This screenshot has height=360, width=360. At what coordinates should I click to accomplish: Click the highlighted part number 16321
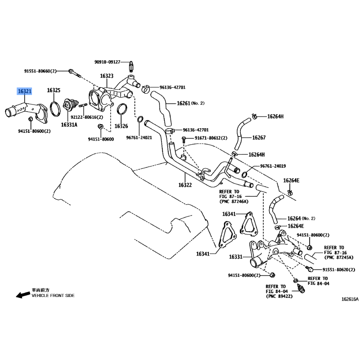pos(25,91)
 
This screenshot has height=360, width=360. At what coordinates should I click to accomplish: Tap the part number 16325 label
pos(54,90)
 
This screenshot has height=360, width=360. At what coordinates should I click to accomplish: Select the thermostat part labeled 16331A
pos(69,106)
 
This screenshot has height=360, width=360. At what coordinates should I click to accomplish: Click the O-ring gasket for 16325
pos(55,109)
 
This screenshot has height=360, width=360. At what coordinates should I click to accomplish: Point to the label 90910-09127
pos(108,62)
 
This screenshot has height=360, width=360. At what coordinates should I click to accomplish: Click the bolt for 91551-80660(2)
pos(75,73)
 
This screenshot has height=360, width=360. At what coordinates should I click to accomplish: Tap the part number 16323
pos(107,76)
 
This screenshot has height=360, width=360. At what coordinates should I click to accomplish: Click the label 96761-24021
pos(139,138)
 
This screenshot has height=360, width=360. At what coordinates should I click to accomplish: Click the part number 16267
pos(259,138)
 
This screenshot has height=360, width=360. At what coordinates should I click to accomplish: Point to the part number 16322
pos(185,185)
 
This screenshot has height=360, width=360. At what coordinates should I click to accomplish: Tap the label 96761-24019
pos(273,166)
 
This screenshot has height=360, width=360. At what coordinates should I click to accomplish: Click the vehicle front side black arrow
pos(23,295)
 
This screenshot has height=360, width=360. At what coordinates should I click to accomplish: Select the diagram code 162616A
pos(350,299)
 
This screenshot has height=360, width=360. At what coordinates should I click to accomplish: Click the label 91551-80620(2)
pos(339,270)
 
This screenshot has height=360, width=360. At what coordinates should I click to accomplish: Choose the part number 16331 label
pos(236,256)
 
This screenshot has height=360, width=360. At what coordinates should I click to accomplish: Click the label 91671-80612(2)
pos(211,138)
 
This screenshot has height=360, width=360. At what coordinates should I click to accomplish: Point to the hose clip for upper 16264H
pos(254,117)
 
